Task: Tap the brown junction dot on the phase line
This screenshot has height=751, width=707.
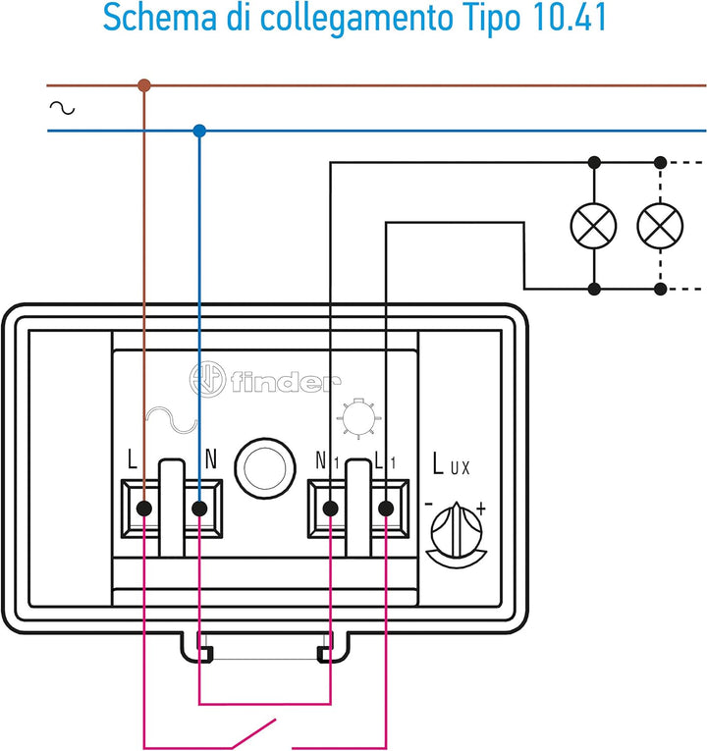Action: click(144, 85)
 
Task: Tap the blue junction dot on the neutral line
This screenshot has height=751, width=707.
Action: click(199, 130)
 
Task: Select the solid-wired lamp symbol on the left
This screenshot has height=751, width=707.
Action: click(594, 226)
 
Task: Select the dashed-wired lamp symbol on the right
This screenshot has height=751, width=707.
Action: click(660, 226)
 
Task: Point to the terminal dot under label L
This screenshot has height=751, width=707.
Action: click(144, 508)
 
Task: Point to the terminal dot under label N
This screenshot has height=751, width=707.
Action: click(199, 508)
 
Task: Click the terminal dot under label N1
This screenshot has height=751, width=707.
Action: click(330, 508)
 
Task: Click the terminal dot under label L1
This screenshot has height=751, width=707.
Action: click(386, 508)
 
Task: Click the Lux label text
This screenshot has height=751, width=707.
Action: click(451, 465)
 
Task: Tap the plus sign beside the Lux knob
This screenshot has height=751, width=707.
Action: click(480, 509)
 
